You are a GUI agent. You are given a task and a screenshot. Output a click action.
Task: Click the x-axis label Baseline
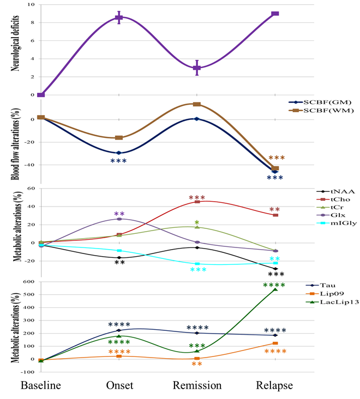tap(41, 385)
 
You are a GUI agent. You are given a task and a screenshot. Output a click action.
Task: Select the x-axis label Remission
tap(197, 385)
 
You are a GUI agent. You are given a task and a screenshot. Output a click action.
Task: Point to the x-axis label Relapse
tap(274, 385)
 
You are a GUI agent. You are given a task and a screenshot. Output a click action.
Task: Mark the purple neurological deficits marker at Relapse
tap(275, 14)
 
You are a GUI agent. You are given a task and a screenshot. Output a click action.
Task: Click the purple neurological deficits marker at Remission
tap(197, 68)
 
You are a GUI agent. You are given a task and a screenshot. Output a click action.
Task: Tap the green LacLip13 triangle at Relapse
tap(275, 289)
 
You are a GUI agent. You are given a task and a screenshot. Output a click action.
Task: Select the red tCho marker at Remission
tap(197, 202)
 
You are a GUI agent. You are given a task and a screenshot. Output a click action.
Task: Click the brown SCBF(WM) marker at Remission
tap(197, 104)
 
